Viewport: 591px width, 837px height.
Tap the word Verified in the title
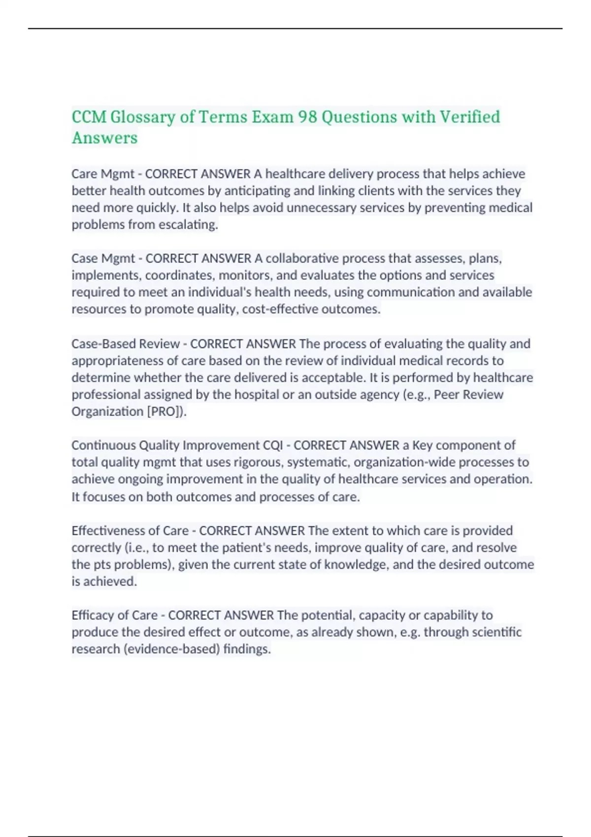pos(469,117)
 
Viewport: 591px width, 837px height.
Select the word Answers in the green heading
pos(104,138)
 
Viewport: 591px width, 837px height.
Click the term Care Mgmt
pos(103,174)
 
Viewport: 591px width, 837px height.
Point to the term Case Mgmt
pos(103,258)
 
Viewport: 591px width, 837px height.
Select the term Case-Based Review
pos(126,344)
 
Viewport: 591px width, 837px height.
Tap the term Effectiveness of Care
pos(130,530)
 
